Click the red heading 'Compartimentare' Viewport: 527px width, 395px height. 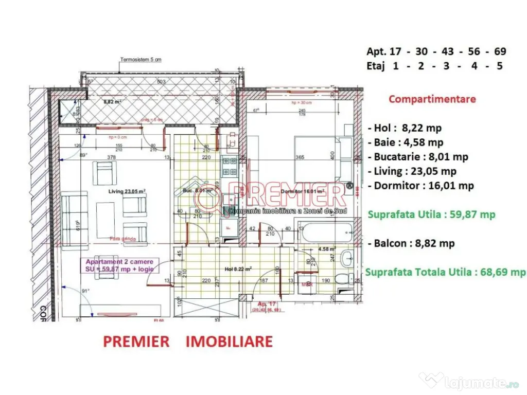(x=432, y=99)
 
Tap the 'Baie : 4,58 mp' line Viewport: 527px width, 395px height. (x=406, y=142)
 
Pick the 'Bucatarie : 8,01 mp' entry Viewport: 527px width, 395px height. (x=418, y=157)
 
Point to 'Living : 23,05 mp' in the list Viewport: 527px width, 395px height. (x=412, y=171)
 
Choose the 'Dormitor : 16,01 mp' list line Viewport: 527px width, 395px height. (x=421, y=186)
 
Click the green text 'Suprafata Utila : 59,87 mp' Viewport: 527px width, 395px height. (x=431, y=214)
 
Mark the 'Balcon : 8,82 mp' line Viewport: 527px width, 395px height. (x=411, y=243)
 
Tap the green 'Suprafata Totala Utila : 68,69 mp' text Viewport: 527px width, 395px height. (x=445, y=272)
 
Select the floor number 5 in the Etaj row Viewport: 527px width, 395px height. (x=499, y=66)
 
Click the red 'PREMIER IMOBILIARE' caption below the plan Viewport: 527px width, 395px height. (x=188, y=341)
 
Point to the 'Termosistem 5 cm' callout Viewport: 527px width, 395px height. (x=140, y=60)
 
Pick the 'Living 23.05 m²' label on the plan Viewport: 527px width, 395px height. (x=127, y=191)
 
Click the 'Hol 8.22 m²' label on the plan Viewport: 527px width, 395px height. (x=238, y=268)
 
